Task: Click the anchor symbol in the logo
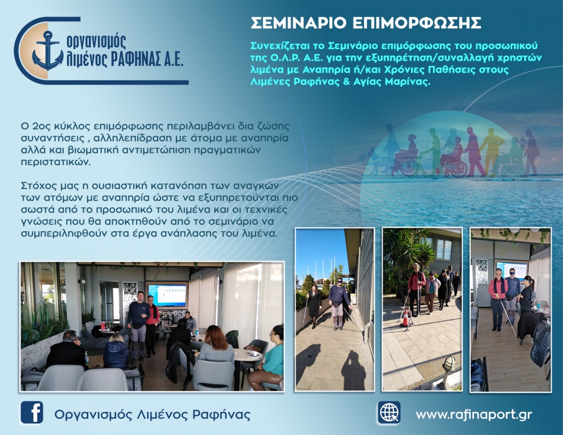47,50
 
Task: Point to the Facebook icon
32,412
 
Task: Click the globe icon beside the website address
388,412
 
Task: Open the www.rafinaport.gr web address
473,415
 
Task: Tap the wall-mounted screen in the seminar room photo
167,295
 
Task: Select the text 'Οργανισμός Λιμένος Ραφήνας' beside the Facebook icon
152,415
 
